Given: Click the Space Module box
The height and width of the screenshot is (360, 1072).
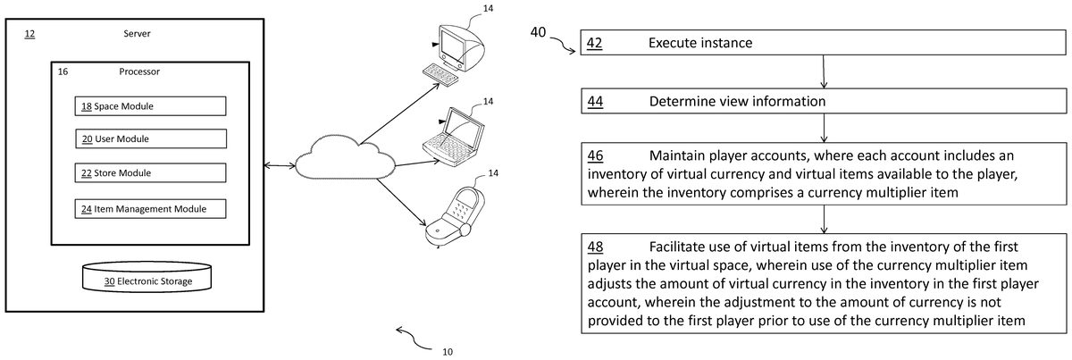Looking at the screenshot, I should [x=150, y=106].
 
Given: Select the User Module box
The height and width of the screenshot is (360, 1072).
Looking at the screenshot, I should [x=150, y=139].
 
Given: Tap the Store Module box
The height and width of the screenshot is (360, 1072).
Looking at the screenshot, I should [x=150, y=173].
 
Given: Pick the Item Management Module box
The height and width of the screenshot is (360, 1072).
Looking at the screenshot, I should [x=150, y=209].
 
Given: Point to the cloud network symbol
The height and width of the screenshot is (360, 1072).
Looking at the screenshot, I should [x=344, y=159].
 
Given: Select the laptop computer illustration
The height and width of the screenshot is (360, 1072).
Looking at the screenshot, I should [x=455, y=134].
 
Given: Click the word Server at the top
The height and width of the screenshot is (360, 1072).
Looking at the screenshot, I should [x=137, y=34].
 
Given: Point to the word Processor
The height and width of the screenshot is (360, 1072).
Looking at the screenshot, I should [x=139, y=71].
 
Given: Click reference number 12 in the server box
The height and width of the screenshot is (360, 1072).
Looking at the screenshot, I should [x=29, y=34].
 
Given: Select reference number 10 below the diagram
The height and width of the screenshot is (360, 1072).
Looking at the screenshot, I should [x=448, y=351].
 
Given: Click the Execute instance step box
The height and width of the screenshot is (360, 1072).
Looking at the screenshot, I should [x=823, y=43].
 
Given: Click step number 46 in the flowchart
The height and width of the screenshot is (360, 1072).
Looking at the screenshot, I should [x=595, y=154].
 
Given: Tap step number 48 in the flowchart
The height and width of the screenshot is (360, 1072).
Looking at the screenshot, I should [x=595, y=246].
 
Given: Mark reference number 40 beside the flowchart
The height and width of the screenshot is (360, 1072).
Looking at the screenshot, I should [x=540, y=32].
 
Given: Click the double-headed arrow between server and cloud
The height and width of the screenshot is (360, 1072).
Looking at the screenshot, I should [x=280, y=164].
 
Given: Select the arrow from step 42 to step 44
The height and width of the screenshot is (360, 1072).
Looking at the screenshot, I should [x=822, y=71].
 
